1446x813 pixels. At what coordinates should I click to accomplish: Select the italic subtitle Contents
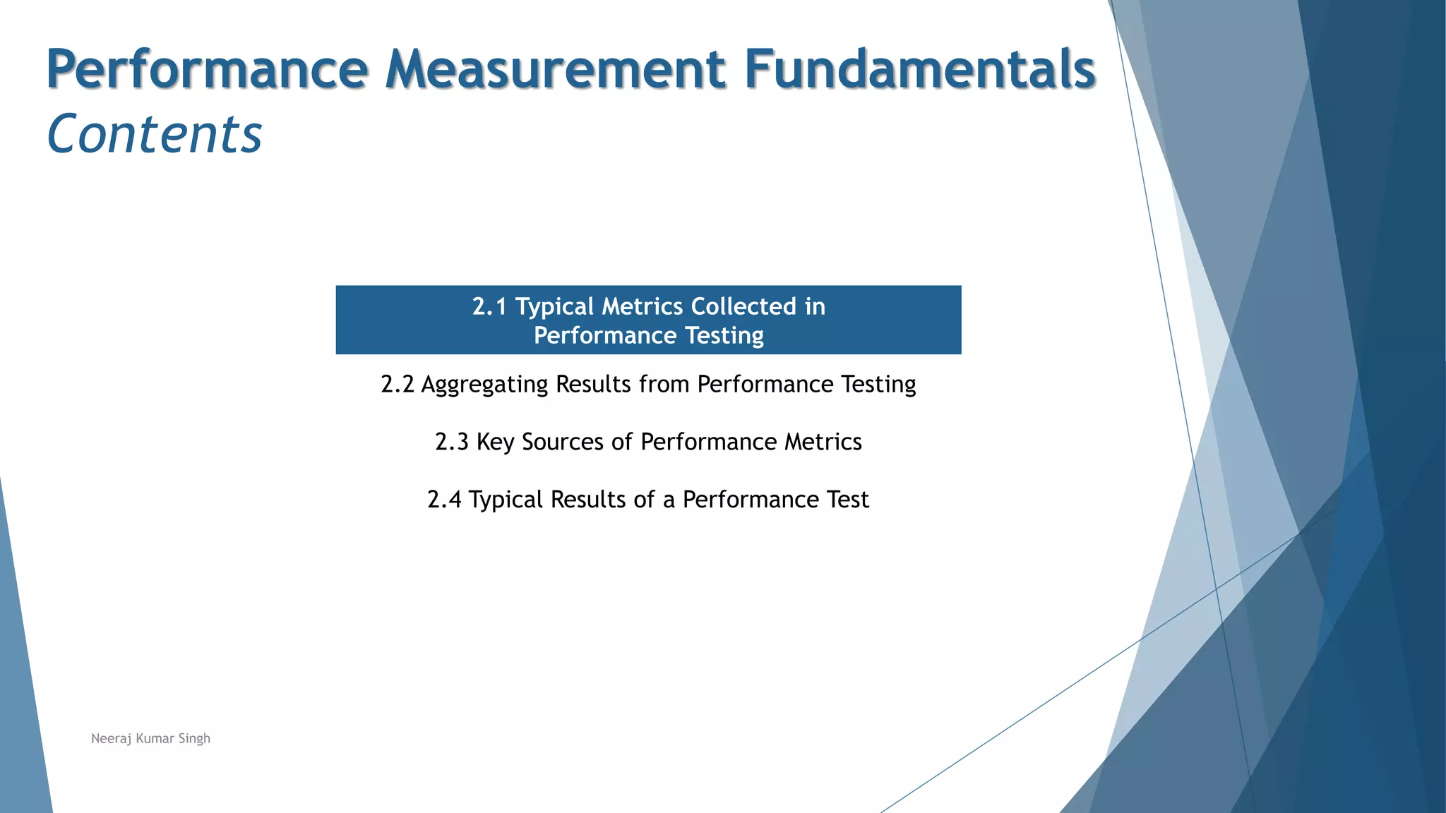tap(154, 134)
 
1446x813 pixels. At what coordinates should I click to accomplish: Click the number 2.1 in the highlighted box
tap(489, 306)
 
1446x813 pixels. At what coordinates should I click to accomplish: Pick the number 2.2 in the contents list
tap(397, 384)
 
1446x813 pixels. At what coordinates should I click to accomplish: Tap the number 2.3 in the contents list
tap(451, 442)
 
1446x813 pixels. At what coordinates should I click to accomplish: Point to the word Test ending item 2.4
tap(848, 500)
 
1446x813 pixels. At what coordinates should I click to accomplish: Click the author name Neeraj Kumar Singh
tap(150, 738)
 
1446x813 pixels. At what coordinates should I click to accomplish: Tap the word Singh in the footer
tap(194, 738)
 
